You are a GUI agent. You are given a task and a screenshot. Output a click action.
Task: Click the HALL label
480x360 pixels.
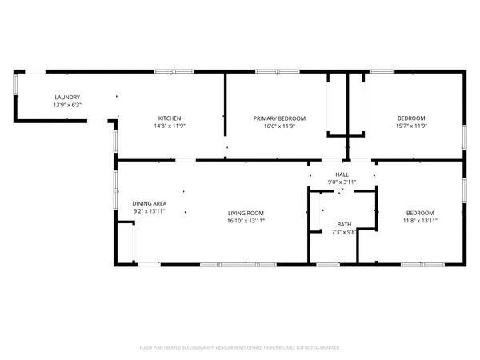coord(342,174)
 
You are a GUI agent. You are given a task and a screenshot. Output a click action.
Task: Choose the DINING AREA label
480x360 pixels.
coord(149,203)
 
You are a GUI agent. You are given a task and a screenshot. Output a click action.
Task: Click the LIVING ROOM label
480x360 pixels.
coord(246,213)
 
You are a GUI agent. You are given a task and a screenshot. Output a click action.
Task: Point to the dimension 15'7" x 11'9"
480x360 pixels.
coord(410,125)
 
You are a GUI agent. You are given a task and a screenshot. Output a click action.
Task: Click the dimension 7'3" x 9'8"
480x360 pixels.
coord(344,232)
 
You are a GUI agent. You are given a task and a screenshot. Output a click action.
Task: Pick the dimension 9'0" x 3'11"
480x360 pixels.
coord(342,182)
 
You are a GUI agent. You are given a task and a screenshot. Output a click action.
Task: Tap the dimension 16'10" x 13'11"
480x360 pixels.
coord(246,220)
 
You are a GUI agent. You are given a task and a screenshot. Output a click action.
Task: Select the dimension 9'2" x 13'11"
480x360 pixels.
coord(149,211)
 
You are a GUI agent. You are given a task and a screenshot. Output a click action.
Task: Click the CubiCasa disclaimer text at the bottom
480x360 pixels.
coord(240,347)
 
